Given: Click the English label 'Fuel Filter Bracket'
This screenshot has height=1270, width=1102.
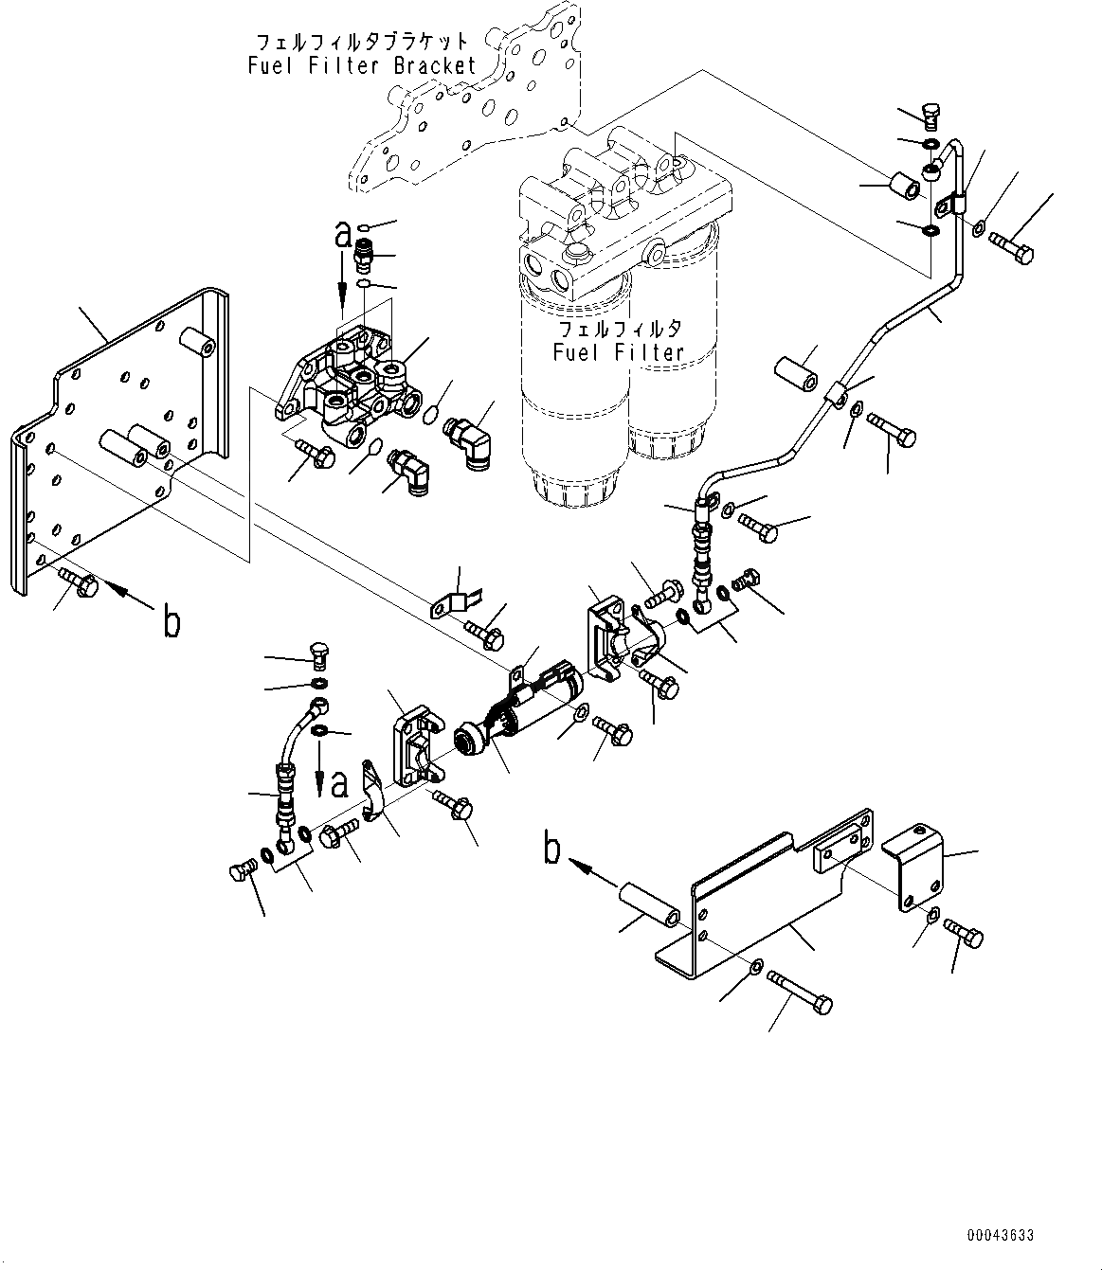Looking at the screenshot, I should tap(362, 65).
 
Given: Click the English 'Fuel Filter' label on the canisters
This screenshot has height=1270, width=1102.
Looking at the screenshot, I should tap(619, 352).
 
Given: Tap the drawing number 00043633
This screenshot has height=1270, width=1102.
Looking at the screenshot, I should tap(1000, 1236).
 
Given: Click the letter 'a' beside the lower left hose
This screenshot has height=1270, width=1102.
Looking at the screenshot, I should tap(338, 783).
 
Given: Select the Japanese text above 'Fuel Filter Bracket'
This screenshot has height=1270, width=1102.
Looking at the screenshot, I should tap(362, 42).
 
